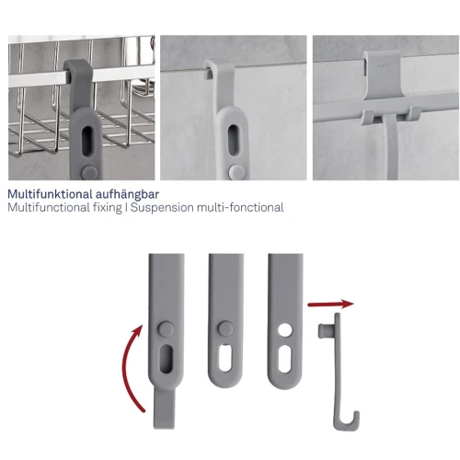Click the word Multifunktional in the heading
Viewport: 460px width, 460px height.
50,194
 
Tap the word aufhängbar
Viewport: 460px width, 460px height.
127,195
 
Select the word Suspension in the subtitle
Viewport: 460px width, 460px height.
162,208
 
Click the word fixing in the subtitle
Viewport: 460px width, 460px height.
108,208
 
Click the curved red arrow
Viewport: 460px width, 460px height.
129,368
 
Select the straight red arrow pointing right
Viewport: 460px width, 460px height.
330,305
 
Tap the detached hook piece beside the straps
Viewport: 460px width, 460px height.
338,372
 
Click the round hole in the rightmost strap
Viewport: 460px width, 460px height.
285,330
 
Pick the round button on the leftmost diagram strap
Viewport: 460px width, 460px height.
166,328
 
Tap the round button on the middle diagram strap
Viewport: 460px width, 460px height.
225,328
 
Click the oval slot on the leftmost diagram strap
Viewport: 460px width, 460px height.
166,359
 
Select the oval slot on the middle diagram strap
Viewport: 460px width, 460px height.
225,358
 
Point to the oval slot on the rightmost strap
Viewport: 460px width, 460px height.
285,359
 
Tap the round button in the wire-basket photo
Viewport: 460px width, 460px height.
89,170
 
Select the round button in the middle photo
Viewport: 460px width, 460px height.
236,171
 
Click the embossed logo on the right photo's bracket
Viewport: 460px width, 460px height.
384,64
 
